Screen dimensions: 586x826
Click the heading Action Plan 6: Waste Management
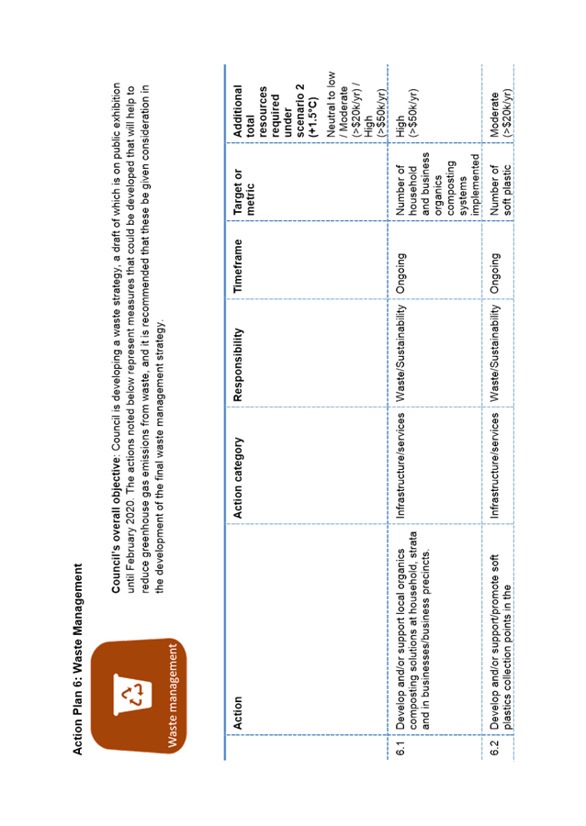click(x=77, y=659)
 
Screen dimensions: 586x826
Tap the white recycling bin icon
click(x=133, y=695)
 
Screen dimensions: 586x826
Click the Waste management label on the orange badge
click(x=173, y=696)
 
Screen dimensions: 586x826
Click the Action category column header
click(x=238, y=477)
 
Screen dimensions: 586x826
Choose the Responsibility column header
click(x=238, y=364)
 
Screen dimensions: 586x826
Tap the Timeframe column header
click(x=238, y=266)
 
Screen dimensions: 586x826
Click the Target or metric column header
click(x=244, y=192)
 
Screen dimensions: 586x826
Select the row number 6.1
click(x=400, y=748)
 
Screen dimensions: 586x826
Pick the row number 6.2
click(x=495, y=748)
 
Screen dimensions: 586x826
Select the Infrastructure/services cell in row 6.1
click(x=400, y=465)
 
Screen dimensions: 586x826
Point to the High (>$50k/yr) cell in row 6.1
click(x=407, y=113)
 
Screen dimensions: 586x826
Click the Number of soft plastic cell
click(x=501, y=190)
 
